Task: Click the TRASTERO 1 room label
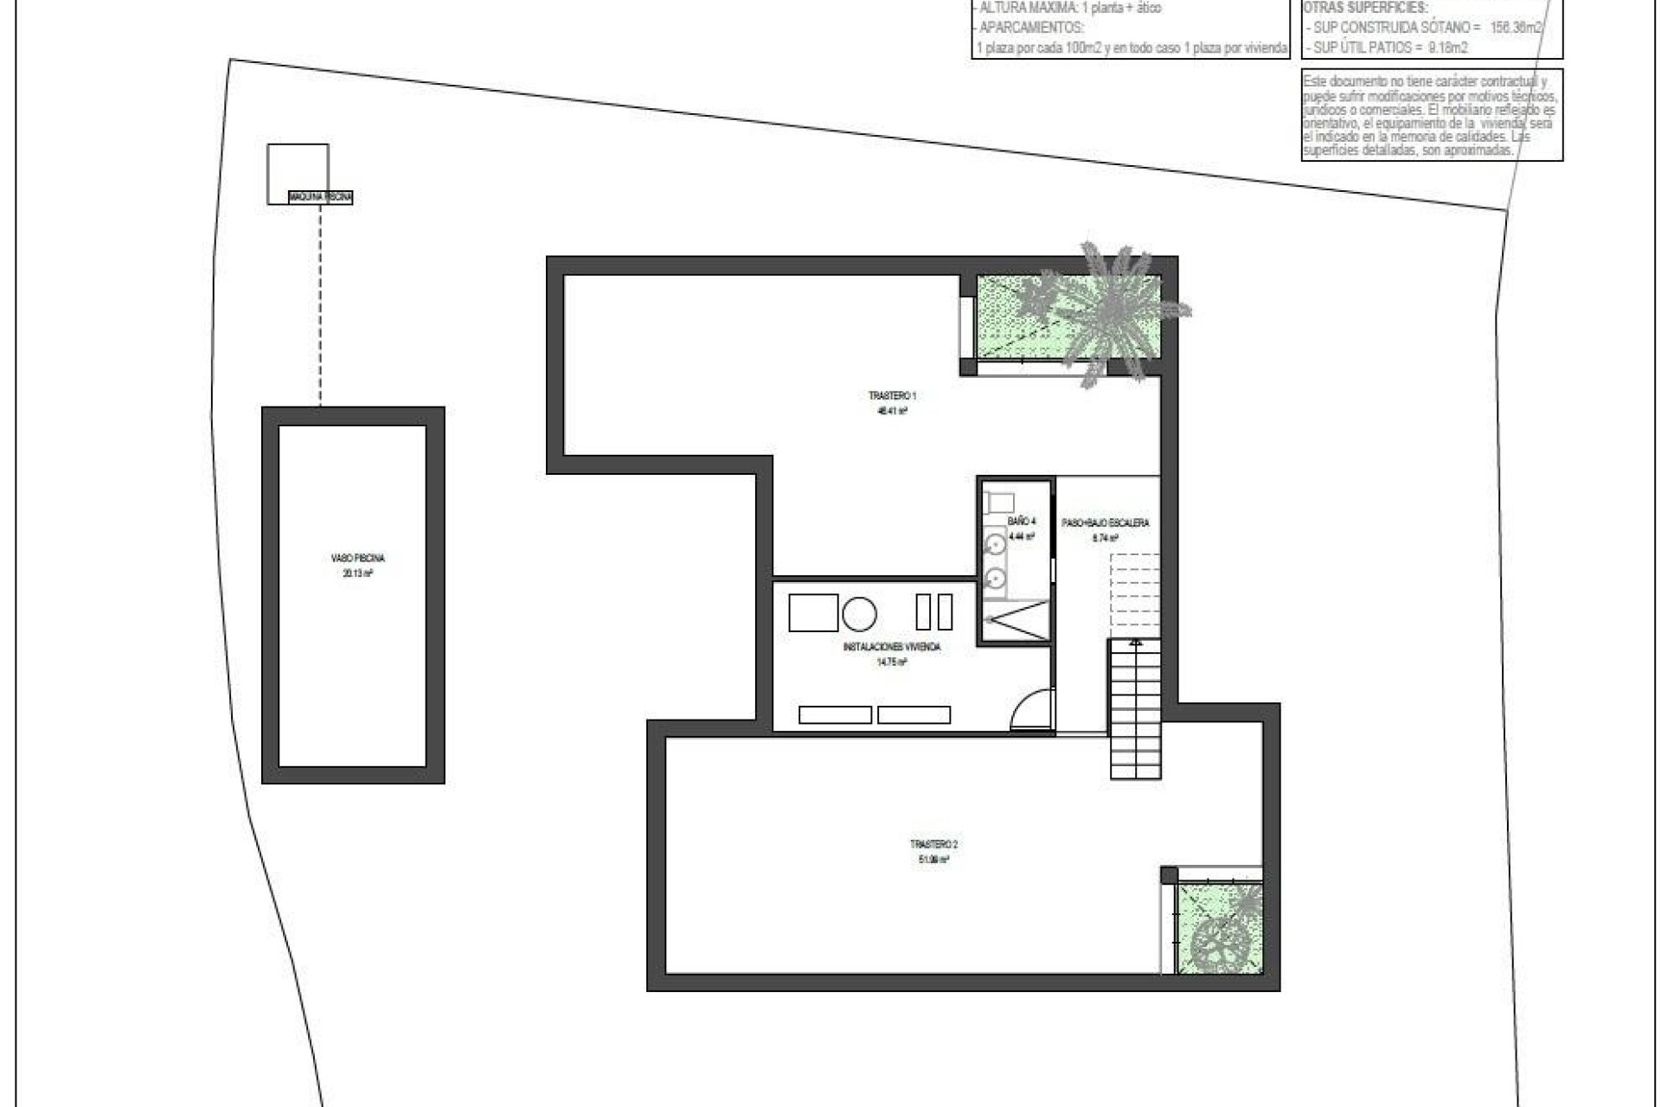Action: [x=892, y=395]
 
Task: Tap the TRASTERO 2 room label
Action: [x=933, y=844]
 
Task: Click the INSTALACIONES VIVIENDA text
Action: [x=891, y=647]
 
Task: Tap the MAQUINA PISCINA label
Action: [x=321, y=198]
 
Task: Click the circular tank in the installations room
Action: [x=859, y=614]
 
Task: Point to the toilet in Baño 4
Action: [x=999, y=502]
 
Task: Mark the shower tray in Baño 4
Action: [x=1016, y=621]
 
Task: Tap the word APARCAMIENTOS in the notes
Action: [x=1030, y=27]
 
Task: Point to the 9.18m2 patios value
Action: [x=1444, y=48]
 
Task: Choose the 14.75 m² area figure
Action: [x=891, y=662]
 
